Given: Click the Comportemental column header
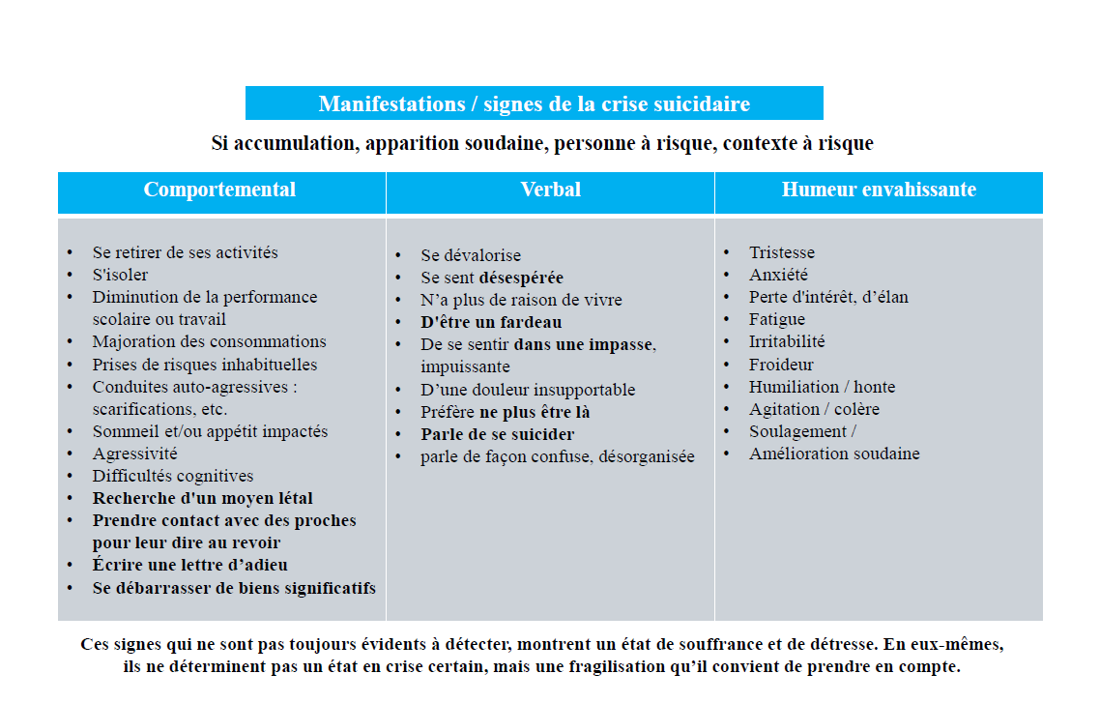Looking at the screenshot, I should coord(220,190).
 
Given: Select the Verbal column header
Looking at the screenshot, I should coord(550,190).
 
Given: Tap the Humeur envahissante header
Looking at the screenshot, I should coord(879,190).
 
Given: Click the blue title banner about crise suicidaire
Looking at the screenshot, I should coord(534,104).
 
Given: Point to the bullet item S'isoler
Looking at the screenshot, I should coord(120,275).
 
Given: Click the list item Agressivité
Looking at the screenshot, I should coord(134,454).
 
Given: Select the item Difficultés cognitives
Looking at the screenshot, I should coord(173,476).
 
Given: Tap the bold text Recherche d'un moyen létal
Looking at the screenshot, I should coord(203,498).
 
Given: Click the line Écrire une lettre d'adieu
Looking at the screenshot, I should coord(190,565).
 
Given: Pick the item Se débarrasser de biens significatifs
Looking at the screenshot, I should coord(234,588).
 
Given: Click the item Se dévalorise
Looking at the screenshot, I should coord(471,255).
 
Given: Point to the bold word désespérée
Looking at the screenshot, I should coord(521,278).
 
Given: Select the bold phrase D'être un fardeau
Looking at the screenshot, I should coord(491,322).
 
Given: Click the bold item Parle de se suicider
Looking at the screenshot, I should coord(498,434).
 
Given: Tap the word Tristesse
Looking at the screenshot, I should coord(782,252).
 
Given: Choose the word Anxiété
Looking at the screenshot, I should coord(778,275).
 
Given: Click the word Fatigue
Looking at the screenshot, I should coord(777,319).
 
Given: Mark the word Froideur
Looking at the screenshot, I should coord(781,365).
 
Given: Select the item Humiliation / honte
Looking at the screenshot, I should coord(822,387).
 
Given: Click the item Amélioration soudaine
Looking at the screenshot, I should coord(834,454).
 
